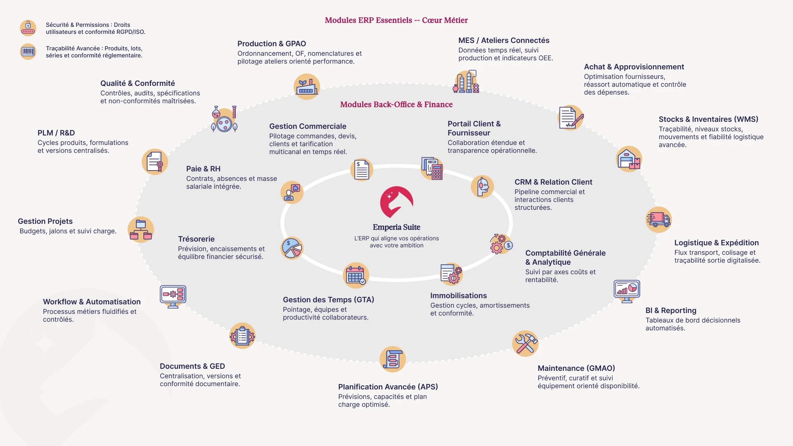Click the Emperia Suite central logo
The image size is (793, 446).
pos(396,202)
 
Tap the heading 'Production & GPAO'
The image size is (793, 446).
pos(271,44)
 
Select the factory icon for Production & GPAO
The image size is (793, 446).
pos(306,87)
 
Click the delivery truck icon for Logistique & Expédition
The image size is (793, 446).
pos(659,219)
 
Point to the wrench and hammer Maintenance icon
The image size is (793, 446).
pos(525,344)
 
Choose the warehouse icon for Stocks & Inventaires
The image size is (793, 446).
pos(629,159)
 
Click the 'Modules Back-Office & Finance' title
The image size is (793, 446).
pos(396,104)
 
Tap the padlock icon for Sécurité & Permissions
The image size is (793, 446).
pos(28,28)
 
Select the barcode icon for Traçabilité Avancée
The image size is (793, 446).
pos(28,52)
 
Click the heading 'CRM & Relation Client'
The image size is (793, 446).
pos(553,182)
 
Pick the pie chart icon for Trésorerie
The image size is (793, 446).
pos(292,248)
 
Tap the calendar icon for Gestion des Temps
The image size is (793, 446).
pos(356,275)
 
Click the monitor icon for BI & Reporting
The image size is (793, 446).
pos(627,291)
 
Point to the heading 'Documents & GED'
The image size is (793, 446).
pos(192,366)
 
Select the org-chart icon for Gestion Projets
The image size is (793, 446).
pos(141,230)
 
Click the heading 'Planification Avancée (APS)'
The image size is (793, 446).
pos(388,387)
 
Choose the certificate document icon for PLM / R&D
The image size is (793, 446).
pos(155,162)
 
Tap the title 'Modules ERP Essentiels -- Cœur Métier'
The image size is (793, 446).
pos(396,20)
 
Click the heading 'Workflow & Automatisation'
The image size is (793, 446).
pos(92,302)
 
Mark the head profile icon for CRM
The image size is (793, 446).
pos(482,187)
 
